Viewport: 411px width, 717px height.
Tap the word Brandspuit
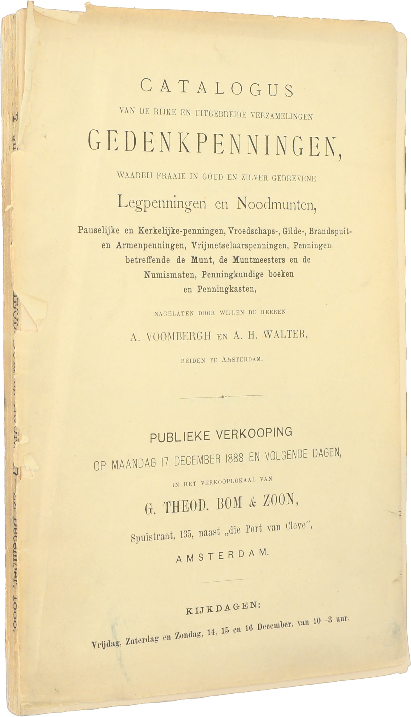click(x=332, y=231)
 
